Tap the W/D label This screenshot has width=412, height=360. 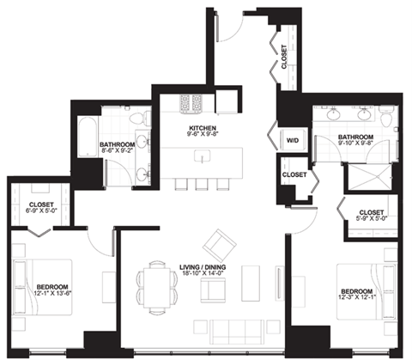[291, 139]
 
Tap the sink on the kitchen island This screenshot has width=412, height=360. [203, 157]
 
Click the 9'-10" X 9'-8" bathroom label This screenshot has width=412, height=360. [354, 143]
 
